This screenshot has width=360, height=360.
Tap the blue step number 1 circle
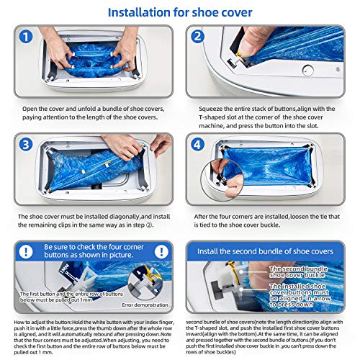pyautogui.click(x=27, y=37)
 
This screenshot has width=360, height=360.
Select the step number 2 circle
pyautogui.click(x=197, y=37)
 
